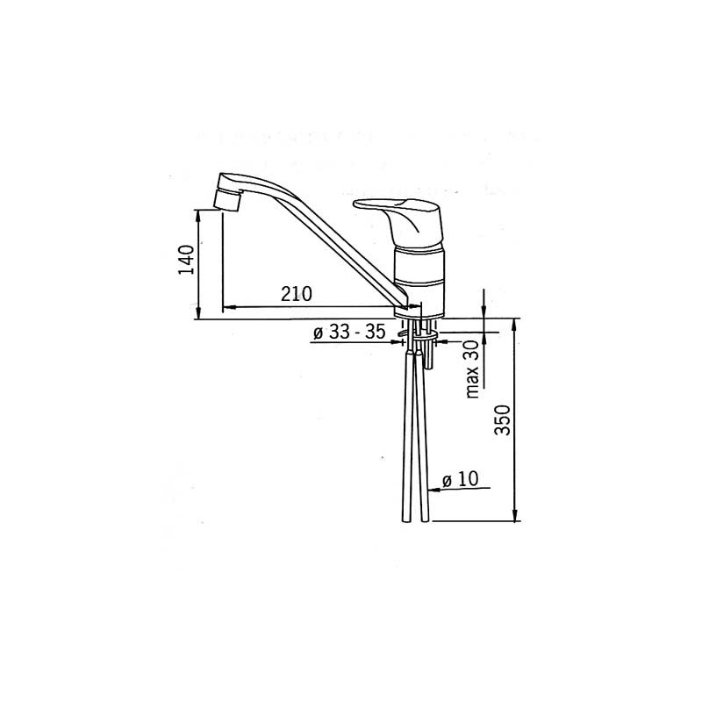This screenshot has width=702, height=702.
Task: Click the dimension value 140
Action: pyautogui.click(x=185, y=261)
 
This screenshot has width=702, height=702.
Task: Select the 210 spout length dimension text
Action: pyautogui.click(x=297, y=295)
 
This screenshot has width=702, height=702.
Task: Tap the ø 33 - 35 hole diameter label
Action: pyautogui.click(x=349, y=333)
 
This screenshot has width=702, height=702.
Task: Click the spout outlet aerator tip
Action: pyautogui.click(x=226, y=200)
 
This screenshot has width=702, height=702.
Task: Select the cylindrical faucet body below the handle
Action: pyautogui.click(x=419, y=272)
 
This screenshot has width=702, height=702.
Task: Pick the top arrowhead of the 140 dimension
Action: pyautogui.click(x=199, y=213)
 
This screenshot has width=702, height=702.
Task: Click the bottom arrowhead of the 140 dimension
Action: pyautogui.click(x=199, y=314)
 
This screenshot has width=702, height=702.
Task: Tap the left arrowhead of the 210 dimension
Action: pyautogui.click(x=226, y=308)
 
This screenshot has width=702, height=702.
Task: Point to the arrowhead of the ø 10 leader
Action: pyautogui.click(x=433, y=489)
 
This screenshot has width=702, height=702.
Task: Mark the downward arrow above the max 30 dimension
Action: pyautogui.click(x=484, y=313)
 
